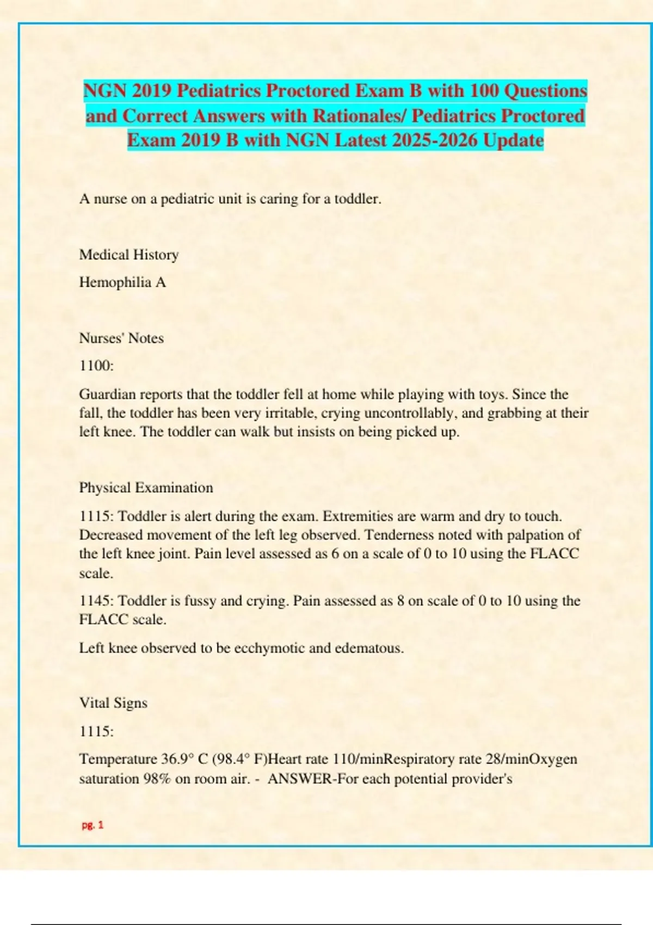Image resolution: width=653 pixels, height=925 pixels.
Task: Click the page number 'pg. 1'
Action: [93, 825]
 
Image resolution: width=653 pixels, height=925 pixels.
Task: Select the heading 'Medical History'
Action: [129, 255]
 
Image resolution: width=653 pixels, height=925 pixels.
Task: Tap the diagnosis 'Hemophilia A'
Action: [122, 282]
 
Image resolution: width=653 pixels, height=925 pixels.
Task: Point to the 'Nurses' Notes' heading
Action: [121, 338]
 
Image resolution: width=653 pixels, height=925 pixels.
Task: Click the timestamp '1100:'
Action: [96, 366]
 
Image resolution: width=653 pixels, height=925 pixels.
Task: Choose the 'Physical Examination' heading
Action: [146, 488]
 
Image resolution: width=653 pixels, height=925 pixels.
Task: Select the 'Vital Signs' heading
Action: [113, 703]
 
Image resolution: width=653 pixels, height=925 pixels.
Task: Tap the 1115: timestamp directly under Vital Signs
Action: [96, 731]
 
